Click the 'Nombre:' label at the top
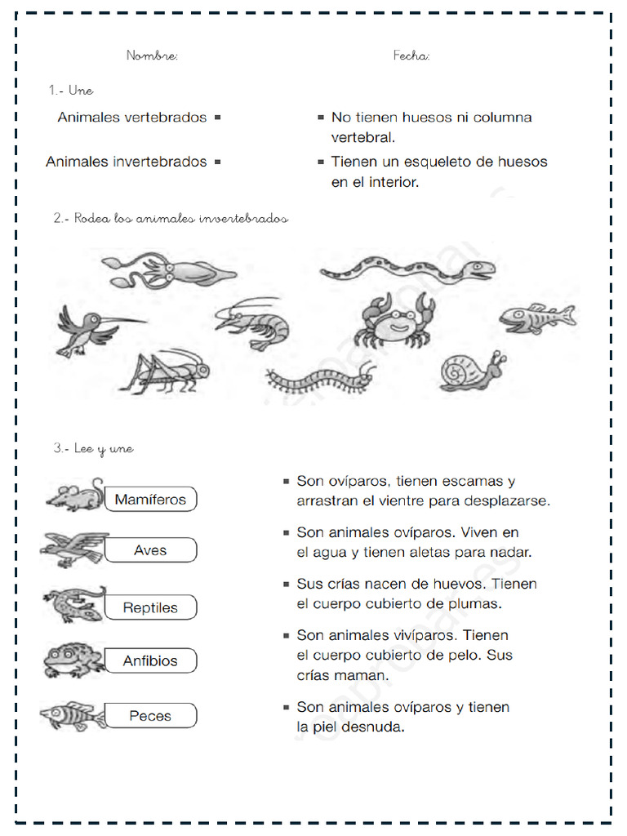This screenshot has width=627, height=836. (x=152, y=56)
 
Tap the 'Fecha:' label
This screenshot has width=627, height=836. (x=411, y=56)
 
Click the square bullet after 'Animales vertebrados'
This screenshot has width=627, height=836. (x=218, y=118)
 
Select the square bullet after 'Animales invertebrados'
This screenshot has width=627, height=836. (x=218, y=162)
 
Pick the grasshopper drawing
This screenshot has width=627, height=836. (x=167, y=371)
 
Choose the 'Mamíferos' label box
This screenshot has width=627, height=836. (x=150, y=499)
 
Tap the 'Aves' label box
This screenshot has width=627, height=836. (x=150, y=550)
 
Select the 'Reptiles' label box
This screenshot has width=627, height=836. (x=150, y=607)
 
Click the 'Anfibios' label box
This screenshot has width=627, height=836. (x=150, y=660)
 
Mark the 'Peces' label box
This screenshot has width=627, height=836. (x=150, y=716)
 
